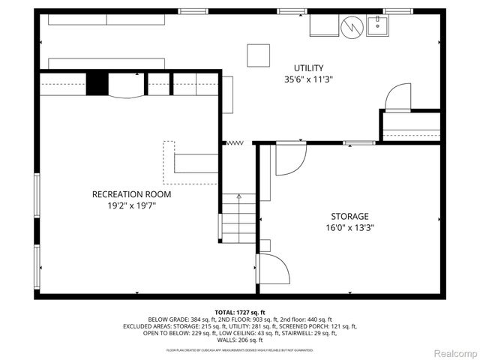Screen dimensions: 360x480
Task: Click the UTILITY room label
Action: point(309,67)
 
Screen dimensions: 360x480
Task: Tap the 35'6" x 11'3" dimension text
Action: point(309,79)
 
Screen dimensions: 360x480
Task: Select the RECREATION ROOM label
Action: point(131,194)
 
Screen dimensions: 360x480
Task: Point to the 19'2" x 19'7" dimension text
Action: point(131,206)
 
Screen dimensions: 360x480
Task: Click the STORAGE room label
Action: point(350,216)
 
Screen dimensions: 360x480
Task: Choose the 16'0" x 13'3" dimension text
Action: point(350,228)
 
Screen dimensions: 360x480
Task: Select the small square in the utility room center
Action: point(259,54)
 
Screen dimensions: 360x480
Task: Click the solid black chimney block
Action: point(97,83)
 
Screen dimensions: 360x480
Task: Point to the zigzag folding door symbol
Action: point(235,142)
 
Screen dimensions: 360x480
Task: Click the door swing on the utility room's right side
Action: point(397,97)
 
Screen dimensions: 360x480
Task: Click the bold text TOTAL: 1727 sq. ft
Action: point(240,312)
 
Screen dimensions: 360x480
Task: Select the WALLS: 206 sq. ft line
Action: point(240,340)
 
